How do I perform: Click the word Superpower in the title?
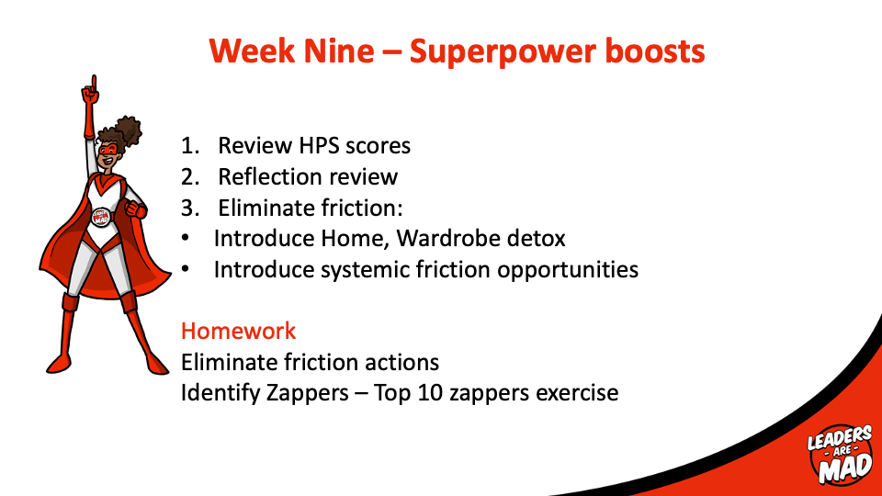502,52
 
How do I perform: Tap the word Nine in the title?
339,51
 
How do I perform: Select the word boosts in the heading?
655,51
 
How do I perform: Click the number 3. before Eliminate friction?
190,209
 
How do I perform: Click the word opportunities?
568,270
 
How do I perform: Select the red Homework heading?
238,331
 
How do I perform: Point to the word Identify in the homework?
220,393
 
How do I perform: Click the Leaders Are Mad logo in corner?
841,455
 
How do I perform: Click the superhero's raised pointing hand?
90,91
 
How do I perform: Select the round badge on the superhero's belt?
101,217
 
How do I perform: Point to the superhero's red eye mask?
107,150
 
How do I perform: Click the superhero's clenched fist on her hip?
135,209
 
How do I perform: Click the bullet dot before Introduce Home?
186,239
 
